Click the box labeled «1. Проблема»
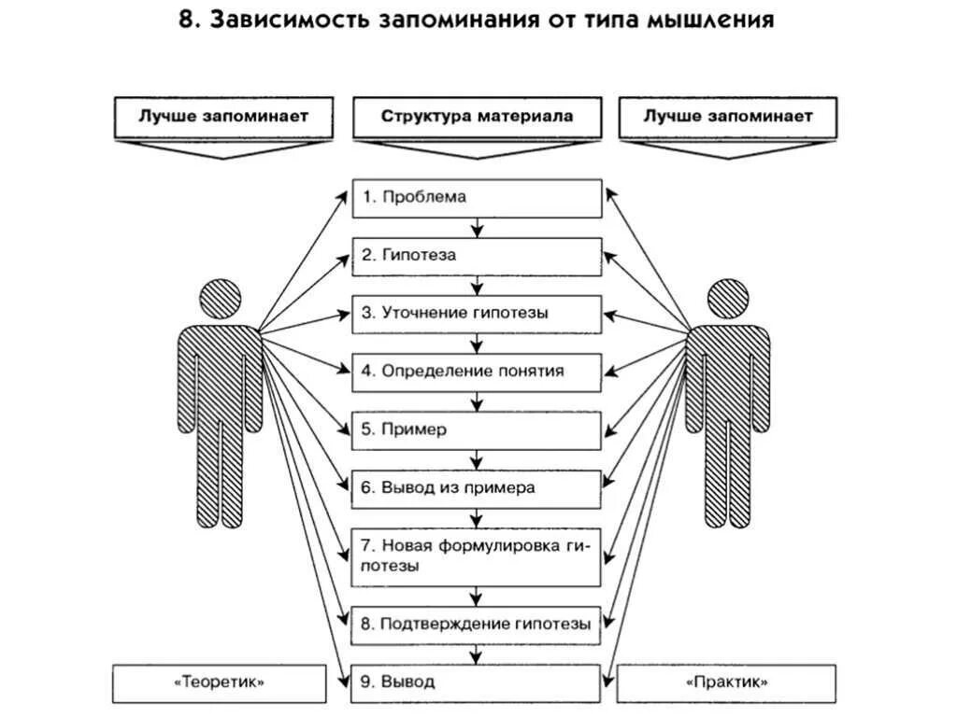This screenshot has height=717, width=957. coord(477,198)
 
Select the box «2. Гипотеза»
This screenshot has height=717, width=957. coord(477,256)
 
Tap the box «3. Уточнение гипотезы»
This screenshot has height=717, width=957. coord(477,314)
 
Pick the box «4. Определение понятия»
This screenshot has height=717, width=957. coord(477,372)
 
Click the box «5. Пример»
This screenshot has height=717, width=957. coord(477,430)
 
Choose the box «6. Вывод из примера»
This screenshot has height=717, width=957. coord(477,488)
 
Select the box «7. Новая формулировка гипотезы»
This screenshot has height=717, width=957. coord(477,556)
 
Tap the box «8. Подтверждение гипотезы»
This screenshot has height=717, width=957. coord(477,625)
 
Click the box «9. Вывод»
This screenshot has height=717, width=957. coord(477,682)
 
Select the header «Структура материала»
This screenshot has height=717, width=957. coord(477,118)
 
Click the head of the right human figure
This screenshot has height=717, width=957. coord(729,300)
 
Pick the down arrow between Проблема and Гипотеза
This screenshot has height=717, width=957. coord(478,228)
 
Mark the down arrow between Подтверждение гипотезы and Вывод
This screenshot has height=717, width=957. coord(478,654)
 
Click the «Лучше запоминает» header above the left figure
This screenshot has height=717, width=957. coord(223,118)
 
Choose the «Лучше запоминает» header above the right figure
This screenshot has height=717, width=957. coord(728,118)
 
